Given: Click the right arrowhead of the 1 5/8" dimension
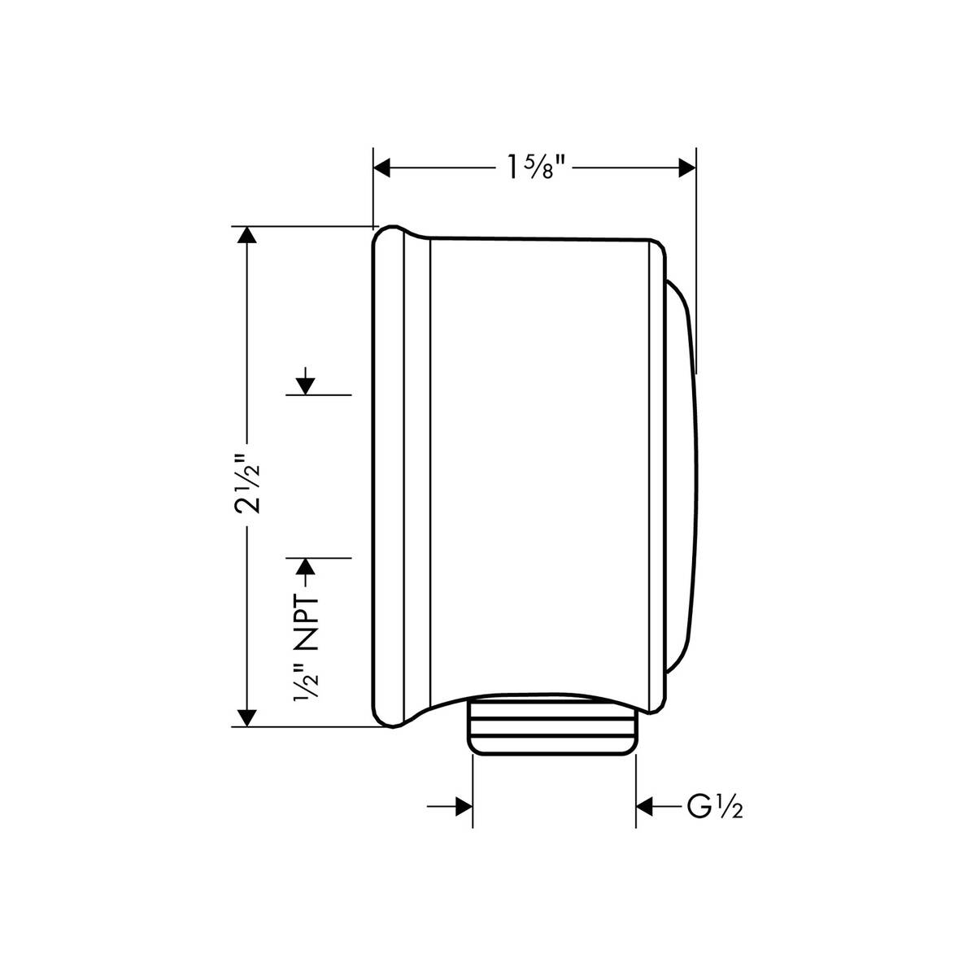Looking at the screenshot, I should [x=687, y=168].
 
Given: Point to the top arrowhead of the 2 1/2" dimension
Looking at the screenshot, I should [x=246, y=236].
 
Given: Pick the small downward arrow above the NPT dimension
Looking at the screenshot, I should [x=305, y=384].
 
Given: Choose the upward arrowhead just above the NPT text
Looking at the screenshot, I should [x=305, y=568].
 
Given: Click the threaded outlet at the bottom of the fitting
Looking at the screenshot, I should [x=553, y=725].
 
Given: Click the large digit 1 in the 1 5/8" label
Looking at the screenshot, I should [x=512, y=168].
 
